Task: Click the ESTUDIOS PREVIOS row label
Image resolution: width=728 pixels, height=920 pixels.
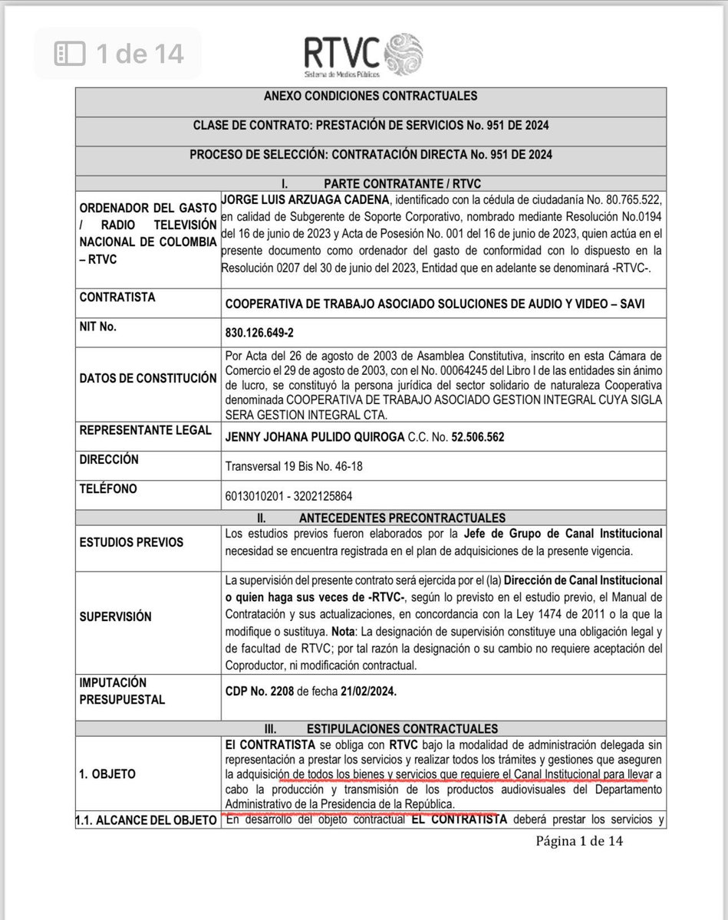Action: coord(131,542)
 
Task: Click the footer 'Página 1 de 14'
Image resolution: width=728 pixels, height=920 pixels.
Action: coord(580,842)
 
